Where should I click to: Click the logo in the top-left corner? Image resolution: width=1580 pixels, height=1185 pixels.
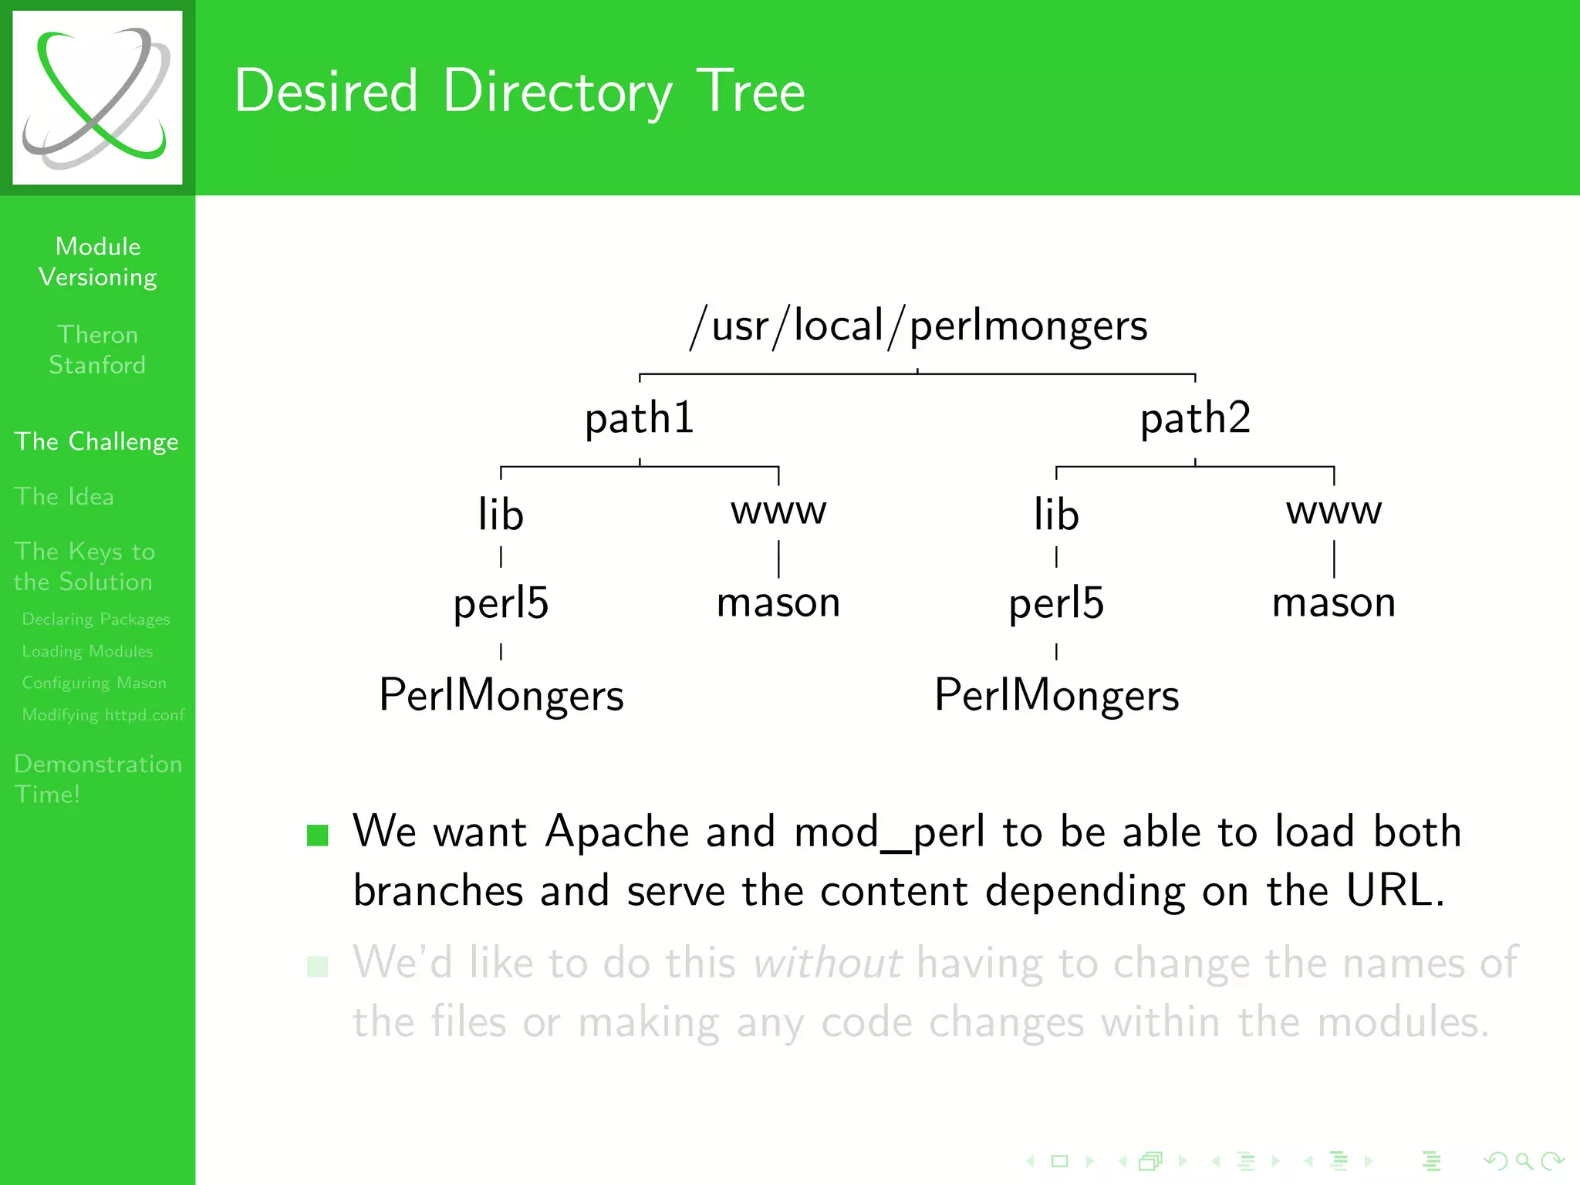coord(97,97)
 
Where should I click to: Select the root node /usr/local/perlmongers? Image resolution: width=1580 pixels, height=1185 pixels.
coord(918,326)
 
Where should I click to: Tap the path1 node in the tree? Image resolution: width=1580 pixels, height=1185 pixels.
coord(640,419)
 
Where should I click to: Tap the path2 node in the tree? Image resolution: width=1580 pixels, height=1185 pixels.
coord(1195,419)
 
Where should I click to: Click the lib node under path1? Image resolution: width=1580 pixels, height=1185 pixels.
coord(501,515)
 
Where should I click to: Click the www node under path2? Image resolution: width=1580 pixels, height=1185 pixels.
coord(1334,511)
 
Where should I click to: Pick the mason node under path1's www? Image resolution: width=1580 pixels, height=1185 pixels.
coord(778,603)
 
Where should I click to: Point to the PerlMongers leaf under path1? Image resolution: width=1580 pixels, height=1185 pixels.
coord(501,695)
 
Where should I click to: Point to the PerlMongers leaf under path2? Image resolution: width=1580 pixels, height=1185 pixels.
coord(1056,695)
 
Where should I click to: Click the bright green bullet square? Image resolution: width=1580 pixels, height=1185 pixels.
coord(317,836)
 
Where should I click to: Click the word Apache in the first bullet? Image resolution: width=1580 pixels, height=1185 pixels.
coord(617,832)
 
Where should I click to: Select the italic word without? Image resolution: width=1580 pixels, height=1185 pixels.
coord(827,964)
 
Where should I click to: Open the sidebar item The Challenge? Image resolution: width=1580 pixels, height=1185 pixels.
coord(96,441)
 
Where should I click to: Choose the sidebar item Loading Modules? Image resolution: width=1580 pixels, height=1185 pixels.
coord(87,651)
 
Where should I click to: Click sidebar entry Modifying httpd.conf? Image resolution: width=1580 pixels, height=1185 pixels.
coord(103,714)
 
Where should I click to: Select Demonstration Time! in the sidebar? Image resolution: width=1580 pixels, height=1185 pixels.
coord(97,778)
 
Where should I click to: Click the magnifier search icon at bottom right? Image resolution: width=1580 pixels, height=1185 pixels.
coord(1524,1161)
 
